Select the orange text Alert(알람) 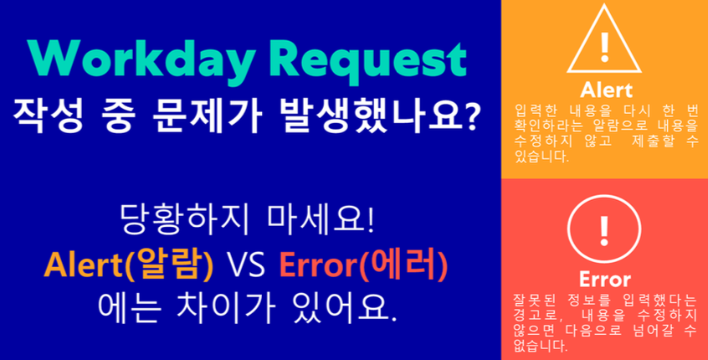coord(129,265)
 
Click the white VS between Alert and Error coord(246,266)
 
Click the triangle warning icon coord(604,42)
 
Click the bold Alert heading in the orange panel coord(604,90)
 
